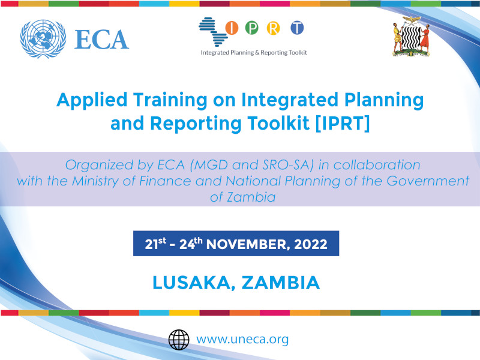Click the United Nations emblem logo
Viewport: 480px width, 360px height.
click(43, 39)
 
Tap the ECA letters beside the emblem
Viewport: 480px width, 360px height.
click(101, 40)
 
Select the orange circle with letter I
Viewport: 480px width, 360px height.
click(232, 28)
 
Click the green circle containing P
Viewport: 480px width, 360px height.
click(251, 28)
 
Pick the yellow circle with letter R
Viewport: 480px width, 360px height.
click(273, 28)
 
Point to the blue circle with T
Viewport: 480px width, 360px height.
click(297, 28)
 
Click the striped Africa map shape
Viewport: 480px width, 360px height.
click(213, 32)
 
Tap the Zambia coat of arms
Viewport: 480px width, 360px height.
click(411, 37)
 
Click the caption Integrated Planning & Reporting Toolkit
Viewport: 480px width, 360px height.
click(254, 53)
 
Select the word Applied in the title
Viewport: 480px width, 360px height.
click(92, 101)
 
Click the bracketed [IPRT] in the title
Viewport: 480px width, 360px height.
click(343, 124)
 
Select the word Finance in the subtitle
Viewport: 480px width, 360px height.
click(165, 181)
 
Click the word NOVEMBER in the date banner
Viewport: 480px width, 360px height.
click(248, 244)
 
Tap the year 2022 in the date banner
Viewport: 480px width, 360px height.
click(311, 244)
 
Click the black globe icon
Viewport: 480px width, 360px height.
click(179, 340)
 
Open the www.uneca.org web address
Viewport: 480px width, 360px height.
click(242, 340)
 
